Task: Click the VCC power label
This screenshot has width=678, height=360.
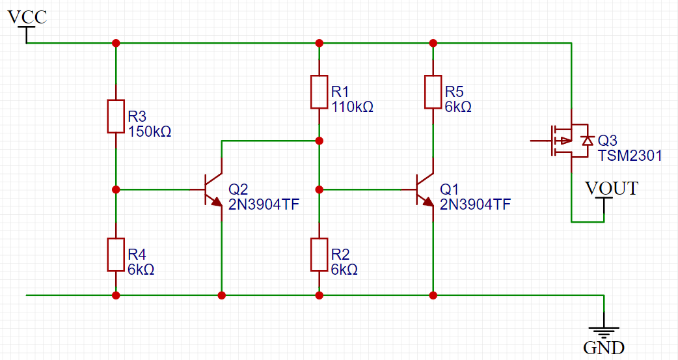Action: (x=27, y=18)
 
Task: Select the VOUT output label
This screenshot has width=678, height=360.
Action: (x=612, y=189)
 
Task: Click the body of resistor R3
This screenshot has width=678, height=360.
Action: (x=116, y=117)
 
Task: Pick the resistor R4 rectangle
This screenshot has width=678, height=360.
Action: (x=116, y=255)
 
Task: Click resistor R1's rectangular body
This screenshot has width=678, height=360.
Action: (x=319, y=92)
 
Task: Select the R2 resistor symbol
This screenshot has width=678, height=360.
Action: (x=319, y=255)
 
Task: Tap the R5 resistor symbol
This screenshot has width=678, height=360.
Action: (x=433, y=92)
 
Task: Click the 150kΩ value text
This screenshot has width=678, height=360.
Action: (x=150, y=132)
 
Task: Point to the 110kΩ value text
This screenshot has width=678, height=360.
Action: (x=353, y=107)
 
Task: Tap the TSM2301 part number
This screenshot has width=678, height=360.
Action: (x=630, y=156)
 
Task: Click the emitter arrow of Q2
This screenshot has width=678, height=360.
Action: (x=215, y=202)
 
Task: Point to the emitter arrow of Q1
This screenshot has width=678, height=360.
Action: (x=427, y=202)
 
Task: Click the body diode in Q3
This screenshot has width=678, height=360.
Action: (x=587, y=141)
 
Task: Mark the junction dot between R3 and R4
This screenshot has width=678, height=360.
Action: (x=116, y=189)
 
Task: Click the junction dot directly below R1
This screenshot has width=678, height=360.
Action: (x=319, y=141)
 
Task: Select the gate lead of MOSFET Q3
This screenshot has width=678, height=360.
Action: (x=541, y=141)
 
